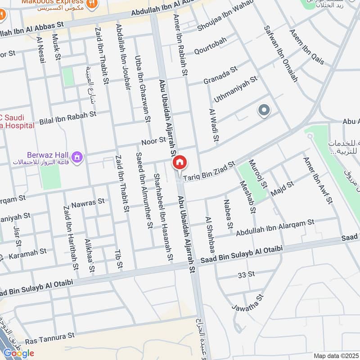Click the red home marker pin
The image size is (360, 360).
coord(180,162)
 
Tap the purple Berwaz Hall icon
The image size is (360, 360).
coord(77,157)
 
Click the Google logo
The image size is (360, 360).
coord(19,353)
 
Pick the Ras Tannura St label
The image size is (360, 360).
coord(49,336)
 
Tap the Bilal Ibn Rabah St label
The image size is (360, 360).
coord(68,118)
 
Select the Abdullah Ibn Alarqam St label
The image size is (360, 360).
coord(274,226)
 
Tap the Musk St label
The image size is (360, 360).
coord(56,47)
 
